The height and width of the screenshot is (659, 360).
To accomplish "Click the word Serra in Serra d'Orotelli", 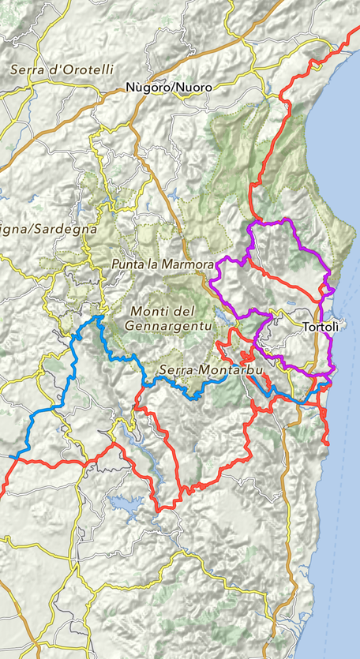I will tap(25, 69).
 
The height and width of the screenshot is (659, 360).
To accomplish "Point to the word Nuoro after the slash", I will tap(194, 88).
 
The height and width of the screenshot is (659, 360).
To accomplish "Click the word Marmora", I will tap(188, 264).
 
